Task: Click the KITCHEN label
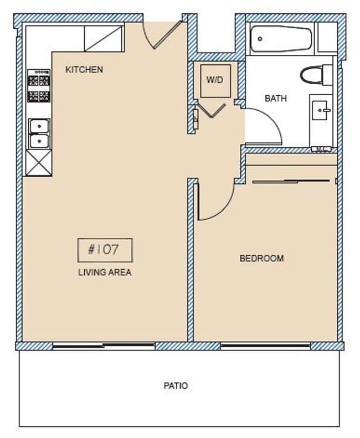(84, 70)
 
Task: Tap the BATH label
(276, 99)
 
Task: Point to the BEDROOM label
(261, 258)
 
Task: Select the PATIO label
(176, 385)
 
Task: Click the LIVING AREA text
(105, 272)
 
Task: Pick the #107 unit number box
(105, 250)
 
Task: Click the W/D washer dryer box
(215, 80)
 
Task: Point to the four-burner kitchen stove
(39, 86)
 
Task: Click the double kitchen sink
(39, 133)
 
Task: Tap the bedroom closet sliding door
(292, 181)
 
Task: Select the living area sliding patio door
(104, 346)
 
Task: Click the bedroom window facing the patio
(265, 346)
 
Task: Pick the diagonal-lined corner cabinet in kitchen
(104, 38)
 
